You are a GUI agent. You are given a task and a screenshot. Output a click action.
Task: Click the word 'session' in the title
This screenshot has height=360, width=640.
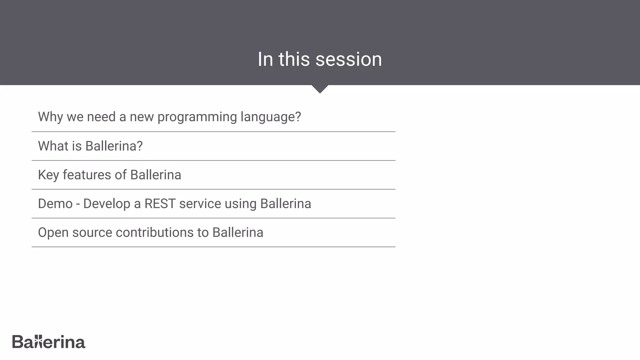tap(348, 59)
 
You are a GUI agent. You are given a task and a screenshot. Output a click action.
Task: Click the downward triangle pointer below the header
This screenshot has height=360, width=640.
tap(320, 89)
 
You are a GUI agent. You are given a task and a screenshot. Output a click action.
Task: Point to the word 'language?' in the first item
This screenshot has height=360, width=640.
tap(270, 117)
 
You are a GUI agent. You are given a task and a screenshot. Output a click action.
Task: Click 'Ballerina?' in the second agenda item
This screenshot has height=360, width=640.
tap(114, 146)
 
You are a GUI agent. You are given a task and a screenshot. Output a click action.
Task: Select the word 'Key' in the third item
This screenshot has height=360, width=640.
tap(48, 175)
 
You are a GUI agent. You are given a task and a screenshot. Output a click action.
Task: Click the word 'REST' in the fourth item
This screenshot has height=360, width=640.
tap(160, 204)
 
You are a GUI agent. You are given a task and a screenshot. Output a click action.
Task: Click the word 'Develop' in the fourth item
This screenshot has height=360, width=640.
tap(107, 204)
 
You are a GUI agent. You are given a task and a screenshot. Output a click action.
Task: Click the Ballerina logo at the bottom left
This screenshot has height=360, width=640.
tap(49, 342)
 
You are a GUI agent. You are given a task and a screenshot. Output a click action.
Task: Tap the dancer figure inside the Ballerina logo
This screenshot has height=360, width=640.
tap(38, 341)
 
